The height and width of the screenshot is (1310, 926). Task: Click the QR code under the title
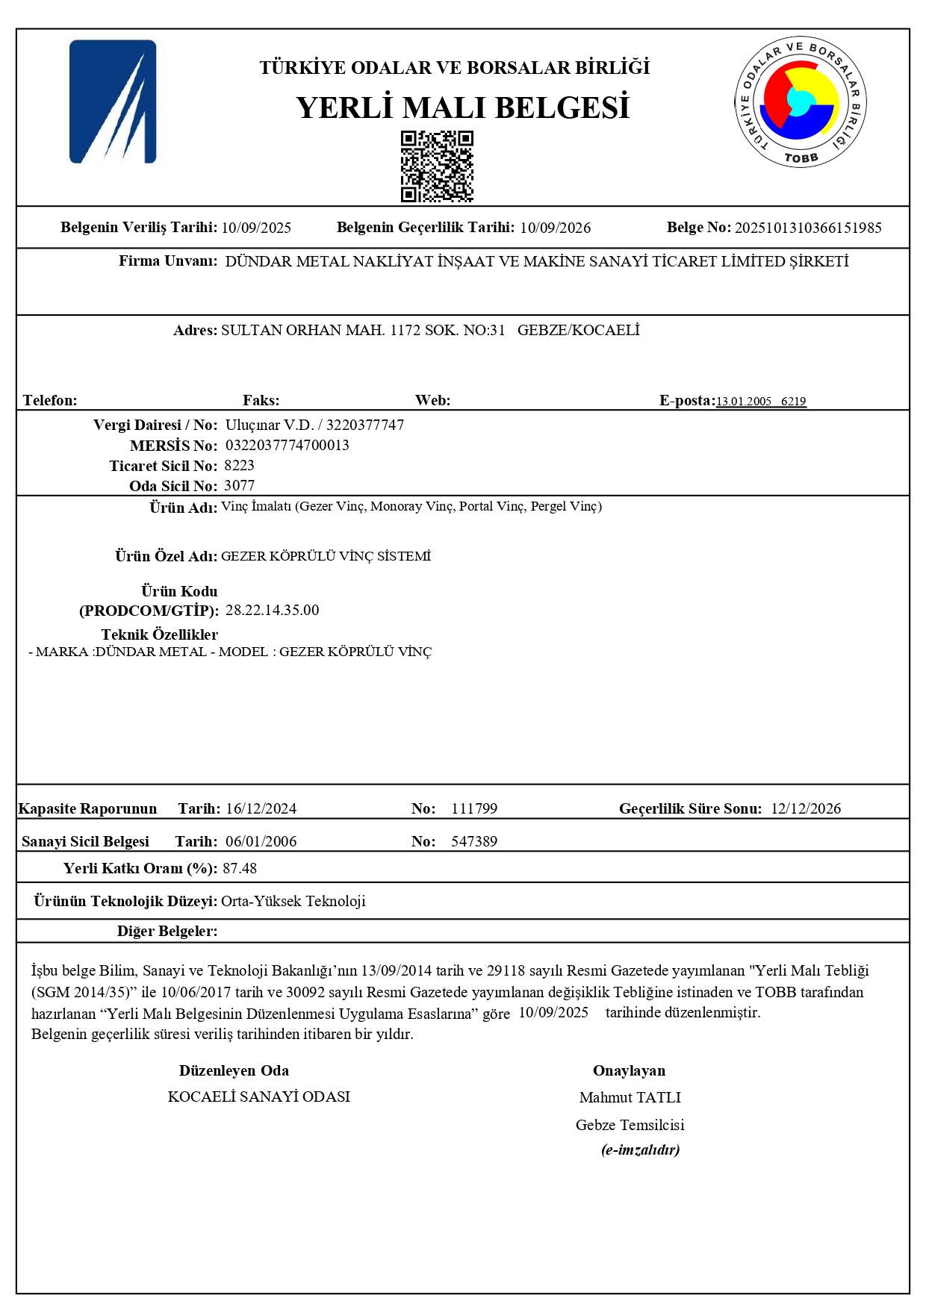click(437, 166)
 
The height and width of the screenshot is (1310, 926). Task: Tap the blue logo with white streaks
click(113, 102)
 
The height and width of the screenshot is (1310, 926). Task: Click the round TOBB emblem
click(800, 102)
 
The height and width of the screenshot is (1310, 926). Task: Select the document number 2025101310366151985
click(808, 228)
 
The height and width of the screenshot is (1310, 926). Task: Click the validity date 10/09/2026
click(555, 228)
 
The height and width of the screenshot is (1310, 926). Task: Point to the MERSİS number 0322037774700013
click(287, 446)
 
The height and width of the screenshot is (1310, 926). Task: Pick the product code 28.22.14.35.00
click(272, 611)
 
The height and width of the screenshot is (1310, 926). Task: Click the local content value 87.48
click(240, 868)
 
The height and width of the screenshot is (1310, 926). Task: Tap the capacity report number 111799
click(474, 808)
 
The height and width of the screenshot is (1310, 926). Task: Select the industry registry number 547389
click(474, 841)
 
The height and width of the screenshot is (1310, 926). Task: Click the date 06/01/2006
click(261, 841)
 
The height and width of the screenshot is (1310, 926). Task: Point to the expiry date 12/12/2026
click(806, 808)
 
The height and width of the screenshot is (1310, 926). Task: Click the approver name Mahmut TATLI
click(630, 1097)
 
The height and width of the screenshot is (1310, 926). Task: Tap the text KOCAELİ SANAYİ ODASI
click(259, 1097)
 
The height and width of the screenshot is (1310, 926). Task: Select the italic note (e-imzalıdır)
click(640, 1150)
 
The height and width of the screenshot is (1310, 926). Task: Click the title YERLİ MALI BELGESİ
click(462, 107)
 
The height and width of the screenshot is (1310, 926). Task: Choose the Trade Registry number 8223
click(240, 466)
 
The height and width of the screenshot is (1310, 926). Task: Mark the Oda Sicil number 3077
click(240, 486)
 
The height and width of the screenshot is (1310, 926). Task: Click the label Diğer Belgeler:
click(167, 931)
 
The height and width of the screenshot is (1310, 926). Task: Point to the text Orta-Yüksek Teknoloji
click(293, 901)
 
